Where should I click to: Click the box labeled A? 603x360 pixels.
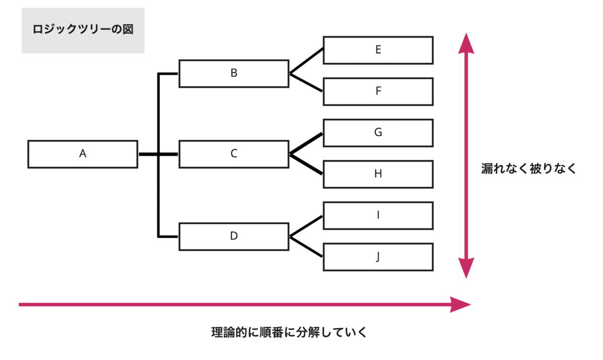(83, 154)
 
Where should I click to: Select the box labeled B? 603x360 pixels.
(234, 73)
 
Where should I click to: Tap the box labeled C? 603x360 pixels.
(234, 154)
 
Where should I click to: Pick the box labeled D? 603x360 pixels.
(234, 236)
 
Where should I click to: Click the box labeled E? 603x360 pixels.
(378, 50)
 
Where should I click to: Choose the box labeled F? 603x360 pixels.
(378, 91)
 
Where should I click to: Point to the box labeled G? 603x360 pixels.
(378, 133)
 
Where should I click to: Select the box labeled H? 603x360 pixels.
(378, 174)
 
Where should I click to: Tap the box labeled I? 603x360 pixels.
(378, 215)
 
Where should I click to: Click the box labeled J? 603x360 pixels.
(378, 257)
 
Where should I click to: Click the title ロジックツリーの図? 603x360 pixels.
(83, 30)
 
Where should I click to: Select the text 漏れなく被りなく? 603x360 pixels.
(528, 169)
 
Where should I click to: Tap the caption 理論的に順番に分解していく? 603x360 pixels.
(289, 332)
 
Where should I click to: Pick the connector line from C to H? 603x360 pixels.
(306, 164)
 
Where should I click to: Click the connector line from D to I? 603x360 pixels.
(306, 226)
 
